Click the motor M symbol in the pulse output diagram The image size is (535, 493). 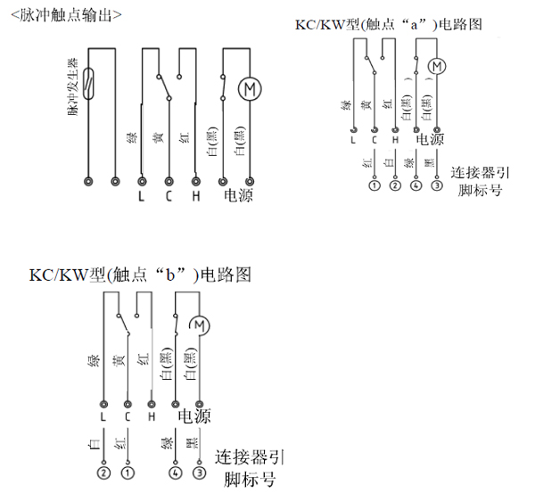(x=247, y=87)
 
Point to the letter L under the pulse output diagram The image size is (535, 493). (x=141, y=195)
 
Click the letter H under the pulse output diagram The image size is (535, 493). (x=194, y=195)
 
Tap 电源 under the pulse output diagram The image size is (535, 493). (x=235, y=195)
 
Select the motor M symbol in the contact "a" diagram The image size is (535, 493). (x=436, y=66)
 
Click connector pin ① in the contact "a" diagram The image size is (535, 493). (x=373, y=186)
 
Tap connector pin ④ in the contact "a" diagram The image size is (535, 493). (x=416, y=186)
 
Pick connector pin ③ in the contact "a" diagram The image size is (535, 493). (x=436, y=186)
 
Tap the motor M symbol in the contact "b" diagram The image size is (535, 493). (x=199, y=325)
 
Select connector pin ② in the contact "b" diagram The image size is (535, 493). (x=104, y=472)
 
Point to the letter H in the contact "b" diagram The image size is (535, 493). (x=152, y=416)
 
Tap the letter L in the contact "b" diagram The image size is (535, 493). (x=105, y=416)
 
